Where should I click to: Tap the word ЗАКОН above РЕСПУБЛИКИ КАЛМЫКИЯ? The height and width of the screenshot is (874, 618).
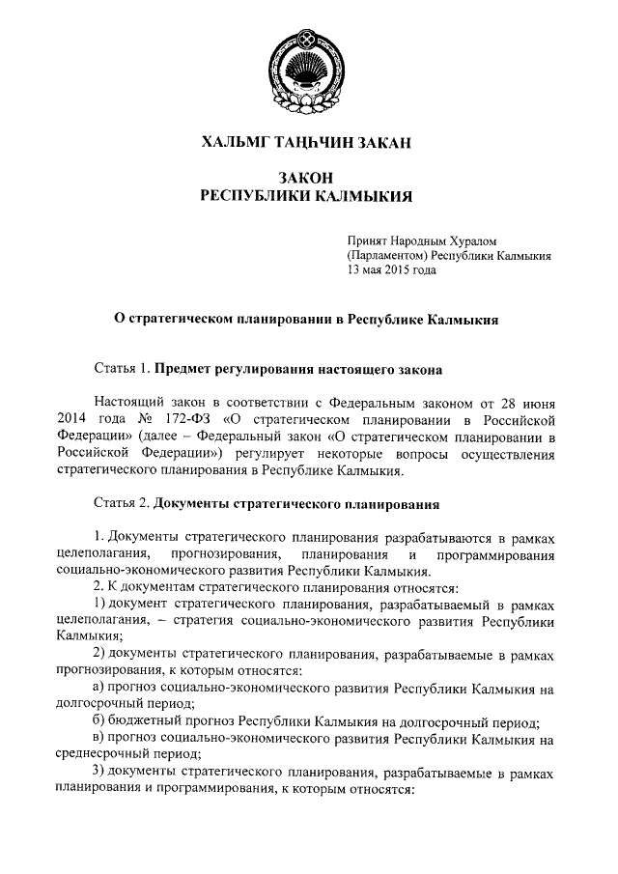(306, 178)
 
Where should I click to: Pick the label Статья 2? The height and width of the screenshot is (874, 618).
(123, 503)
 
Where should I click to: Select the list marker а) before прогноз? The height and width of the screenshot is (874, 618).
(98, 691)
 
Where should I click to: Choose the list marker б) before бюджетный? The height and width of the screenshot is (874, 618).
(98, 723)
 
